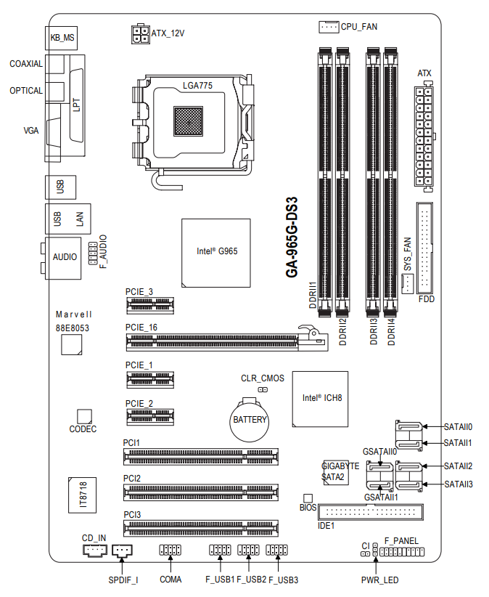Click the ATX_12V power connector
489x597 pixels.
coord(141,34)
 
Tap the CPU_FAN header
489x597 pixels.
coord(329,27)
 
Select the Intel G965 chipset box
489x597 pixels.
coord(216,253)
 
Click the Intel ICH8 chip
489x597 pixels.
coord(320,399)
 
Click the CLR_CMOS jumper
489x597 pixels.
coord(263,389)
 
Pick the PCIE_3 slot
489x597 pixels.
coord(149,306)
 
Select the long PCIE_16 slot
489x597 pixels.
coord(227,340)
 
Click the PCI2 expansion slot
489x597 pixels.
coord(201,492)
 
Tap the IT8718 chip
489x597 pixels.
coord(83,495)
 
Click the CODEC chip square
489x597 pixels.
coord(84,417)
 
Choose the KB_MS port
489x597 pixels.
coord(61,38)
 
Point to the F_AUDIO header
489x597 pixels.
coord(93,253)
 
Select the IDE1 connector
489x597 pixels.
coord(371,512)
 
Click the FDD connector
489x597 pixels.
coord(424,248)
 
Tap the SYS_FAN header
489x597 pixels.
coord(407,283)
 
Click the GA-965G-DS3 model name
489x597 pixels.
coord(292,237)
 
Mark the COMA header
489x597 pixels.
coord(170,550)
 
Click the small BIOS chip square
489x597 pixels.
coord(308,498)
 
